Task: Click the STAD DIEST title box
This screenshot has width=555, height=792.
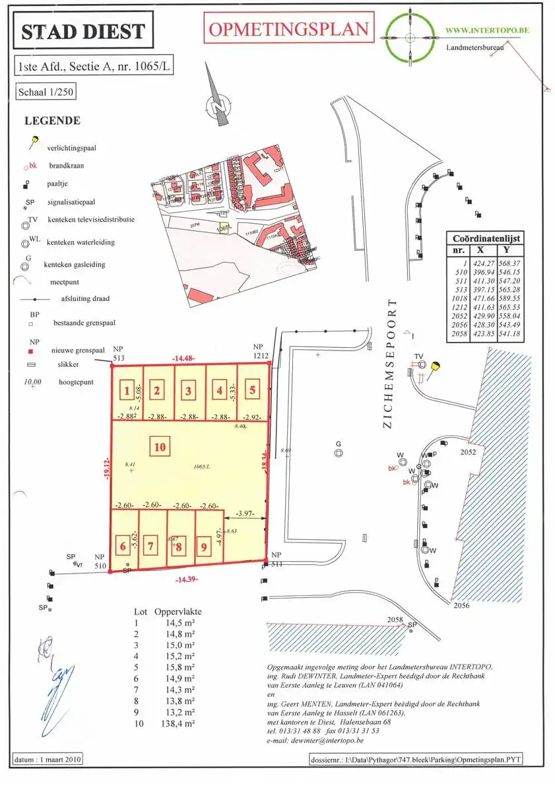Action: point(82,31)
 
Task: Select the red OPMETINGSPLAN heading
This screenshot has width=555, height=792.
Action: point(288,29)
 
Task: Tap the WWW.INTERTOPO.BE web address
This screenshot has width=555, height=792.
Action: point(487,30)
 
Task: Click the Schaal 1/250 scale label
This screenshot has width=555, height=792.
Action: point(46,92)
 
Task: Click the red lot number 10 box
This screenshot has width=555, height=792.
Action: point(159,447)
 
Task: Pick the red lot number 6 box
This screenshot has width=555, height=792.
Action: point(121,546)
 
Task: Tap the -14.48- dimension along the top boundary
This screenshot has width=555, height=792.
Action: point(184,358)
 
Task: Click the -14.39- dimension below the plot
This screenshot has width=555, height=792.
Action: point(186,579)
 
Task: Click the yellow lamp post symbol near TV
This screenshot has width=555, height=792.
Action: point(436,367)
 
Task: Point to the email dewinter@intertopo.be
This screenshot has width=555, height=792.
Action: point(315,741)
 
